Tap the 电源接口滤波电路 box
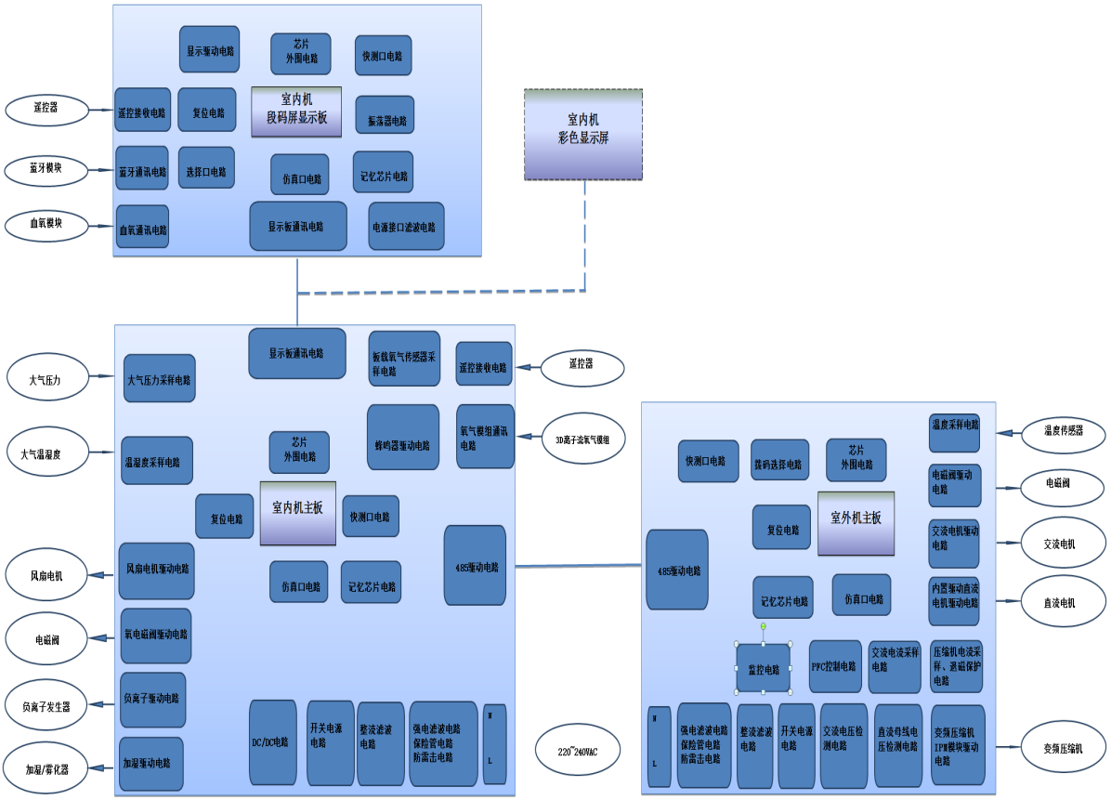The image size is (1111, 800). point(406,226)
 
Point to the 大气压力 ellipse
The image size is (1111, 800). point(46,379)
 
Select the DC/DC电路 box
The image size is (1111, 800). point(273,743)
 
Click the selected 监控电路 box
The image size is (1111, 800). point(764,668)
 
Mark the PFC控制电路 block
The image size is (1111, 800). point(834,666)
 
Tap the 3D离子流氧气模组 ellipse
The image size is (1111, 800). point(582,438)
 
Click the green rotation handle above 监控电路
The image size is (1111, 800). point(764,626)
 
